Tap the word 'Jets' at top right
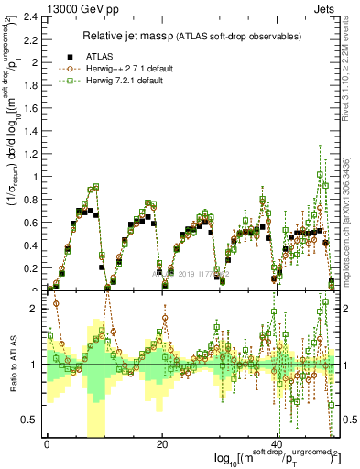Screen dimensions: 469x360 pos(327,7)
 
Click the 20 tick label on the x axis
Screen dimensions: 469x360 pos(162,446)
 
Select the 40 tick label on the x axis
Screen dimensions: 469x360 pos(278,446)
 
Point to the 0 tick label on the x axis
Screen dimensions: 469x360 pos(47,446)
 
